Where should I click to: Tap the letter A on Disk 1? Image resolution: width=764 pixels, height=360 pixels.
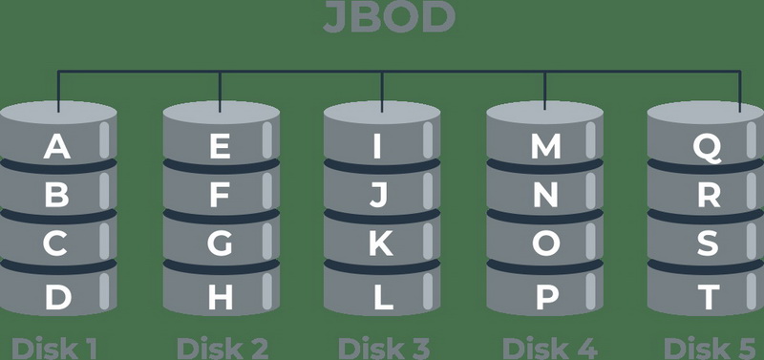[x=57, y=147]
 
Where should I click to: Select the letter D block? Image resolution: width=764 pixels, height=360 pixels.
[x=57, y=298]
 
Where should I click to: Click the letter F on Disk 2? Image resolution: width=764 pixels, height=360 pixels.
[x=220, y=196]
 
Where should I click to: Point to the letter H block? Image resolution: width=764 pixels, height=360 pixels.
[x=220, y=298]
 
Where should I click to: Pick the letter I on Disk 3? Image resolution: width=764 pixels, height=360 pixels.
[x=379, y=147]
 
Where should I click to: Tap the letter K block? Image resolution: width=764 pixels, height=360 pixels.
[x=380, y=244]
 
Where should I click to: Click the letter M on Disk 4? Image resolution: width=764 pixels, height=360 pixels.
[x=545, y=147]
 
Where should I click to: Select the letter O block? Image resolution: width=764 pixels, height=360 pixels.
[x=545, y=244]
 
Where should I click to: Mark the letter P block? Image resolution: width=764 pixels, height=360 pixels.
[x=545, y=298]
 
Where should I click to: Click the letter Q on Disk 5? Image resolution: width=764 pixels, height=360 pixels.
[x=707, y=147]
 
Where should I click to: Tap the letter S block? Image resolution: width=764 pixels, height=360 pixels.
[x=707, y=244]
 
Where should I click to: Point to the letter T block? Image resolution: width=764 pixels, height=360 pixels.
[x=707, y=298]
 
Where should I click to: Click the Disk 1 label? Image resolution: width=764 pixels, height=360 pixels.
[x=55, y=348]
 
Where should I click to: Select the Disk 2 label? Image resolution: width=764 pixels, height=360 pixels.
[x=222, y=348]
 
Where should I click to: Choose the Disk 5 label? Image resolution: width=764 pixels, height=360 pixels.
[x=709, y=348]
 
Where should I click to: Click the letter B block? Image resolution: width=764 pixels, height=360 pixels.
[x=57, y=196]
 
